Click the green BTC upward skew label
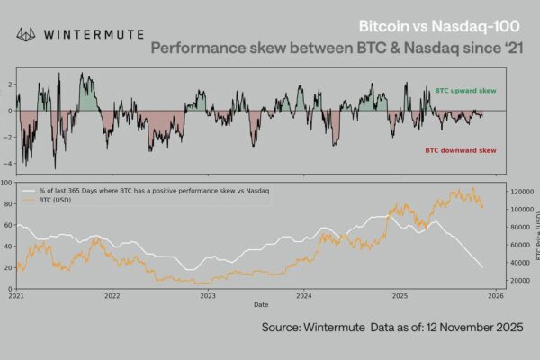tap(464, 92)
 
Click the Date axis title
tap(261, 305)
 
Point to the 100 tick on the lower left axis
tap(8, 182)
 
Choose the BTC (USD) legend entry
tap(63, 201)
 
